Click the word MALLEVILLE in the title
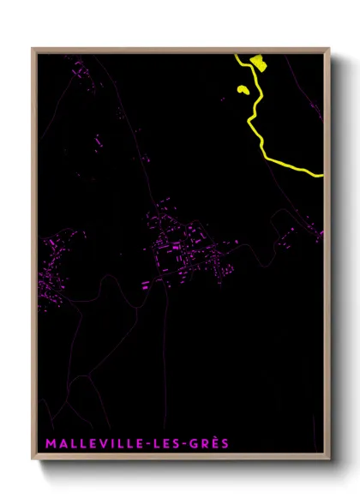(95, 444)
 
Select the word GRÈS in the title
(213, 444)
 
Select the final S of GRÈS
(226, 444)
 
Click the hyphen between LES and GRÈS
(189, 445)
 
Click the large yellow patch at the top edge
(256, 60)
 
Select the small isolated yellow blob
(243, 89)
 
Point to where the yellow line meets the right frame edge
(322, 175)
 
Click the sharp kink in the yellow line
(249, 121)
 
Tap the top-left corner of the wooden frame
(33, 48)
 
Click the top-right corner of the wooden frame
(329, 48)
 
